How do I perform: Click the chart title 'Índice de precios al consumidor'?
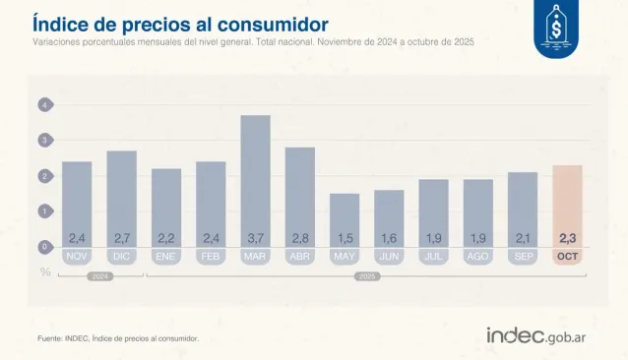click(180, 23)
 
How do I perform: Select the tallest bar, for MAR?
click(255, 177)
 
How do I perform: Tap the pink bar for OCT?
click(567, 202)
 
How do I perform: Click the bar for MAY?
click(345, 216)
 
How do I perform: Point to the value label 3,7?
click(255, 238)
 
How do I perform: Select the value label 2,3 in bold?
click(568, 238)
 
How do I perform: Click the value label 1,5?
click(345, 238)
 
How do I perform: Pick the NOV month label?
click(77, 256)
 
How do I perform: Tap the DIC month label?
click(121, 256)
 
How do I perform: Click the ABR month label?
click(299, 256)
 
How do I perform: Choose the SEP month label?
click(523, 256)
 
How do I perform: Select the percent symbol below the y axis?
click(45, 271)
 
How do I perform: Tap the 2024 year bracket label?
click(99, 276)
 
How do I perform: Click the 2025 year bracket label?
click(367, 276)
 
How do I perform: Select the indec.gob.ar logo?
click(544, 334)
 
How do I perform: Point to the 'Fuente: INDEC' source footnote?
click(118, 338)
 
